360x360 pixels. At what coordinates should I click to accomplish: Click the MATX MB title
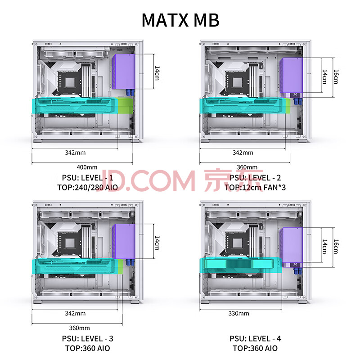180,20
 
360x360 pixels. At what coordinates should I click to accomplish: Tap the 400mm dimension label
87,167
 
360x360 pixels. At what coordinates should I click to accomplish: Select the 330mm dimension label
239,313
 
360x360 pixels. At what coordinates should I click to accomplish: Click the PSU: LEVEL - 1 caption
87,178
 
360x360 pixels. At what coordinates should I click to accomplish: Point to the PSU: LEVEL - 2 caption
255,178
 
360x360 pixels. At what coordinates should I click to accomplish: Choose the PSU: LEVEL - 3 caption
87,339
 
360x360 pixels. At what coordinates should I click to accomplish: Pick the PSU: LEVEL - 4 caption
255,339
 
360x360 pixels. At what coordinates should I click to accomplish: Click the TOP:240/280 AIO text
87,188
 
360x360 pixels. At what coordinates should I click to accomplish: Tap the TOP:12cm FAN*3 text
255,188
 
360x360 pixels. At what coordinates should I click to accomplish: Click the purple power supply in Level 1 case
123,72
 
